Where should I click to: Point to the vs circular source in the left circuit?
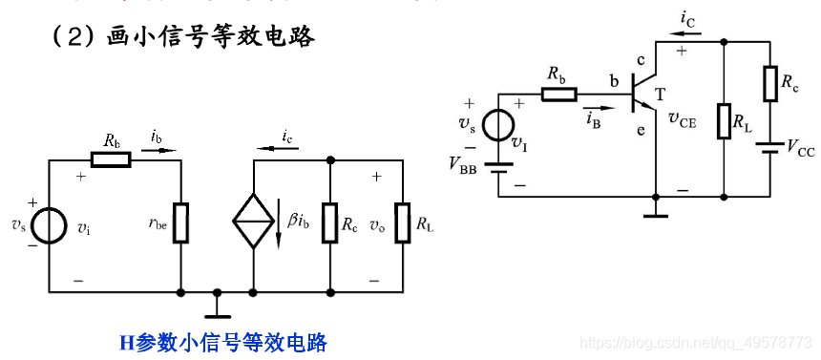pos(49,224)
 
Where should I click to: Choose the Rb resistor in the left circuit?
pos(112,159)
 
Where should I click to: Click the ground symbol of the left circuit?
pos(218,303)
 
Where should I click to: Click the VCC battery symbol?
pos(768,147)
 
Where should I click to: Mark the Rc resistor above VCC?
pos(768,83)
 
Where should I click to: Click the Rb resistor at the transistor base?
pos(559,94)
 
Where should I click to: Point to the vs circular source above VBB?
pos(497,125)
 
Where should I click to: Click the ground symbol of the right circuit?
pos(655,209)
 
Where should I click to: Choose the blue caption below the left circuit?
pos(222,342)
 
